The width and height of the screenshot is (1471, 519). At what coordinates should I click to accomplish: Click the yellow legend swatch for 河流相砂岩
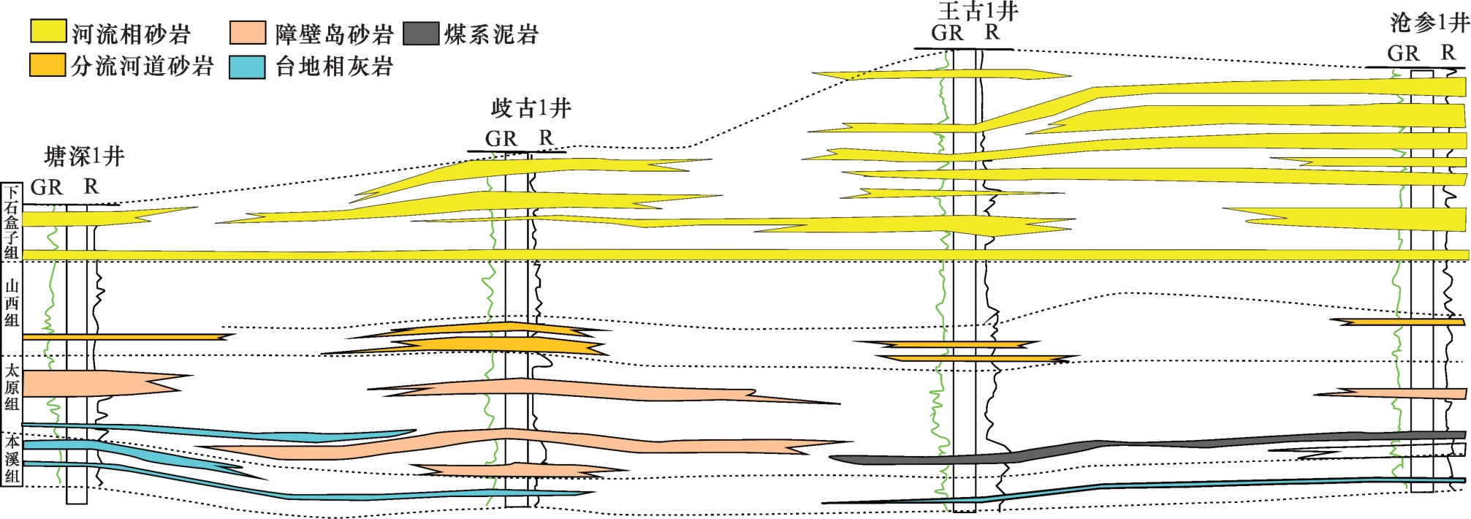point(48,32)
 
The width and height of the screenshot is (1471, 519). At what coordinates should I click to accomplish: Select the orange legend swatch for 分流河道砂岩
point(48,65)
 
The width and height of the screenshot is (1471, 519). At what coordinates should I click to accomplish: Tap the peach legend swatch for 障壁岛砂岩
point(247,33)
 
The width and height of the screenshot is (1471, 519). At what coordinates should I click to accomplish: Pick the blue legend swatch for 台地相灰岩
point(247,67)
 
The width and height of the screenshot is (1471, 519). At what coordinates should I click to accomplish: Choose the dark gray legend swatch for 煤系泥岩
point(421,33)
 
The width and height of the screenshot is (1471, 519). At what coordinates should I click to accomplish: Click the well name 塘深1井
point(84,156)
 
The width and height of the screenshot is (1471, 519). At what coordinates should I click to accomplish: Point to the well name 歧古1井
point(531,109)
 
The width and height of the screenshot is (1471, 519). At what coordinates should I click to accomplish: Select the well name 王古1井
point(978,11)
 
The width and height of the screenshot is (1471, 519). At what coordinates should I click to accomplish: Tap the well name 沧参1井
point(1429,23)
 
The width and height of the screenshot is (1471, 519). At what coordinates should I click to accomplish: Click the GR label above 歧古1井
point(501,139)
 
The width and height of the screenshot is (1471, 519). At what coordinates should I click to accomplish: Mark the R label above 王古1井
point(992,33)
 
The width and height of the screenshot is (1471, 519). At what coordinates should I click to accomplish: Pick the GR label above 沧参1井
point(1403,53)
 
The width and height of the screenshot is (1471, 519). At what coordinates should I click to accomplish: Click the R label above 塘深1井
point(91,187)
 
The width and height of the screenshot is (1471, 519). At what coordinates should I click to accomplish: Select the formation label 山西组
point(12,303)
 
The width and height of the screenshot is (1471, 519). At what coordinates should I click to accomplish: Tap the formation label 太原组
point(12,387)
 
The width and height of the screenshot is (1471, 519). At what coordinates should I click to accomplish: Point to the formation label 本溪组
point(12,459)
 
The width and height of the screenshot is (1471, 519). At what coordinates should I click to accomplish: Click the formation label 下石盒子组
point(12,222)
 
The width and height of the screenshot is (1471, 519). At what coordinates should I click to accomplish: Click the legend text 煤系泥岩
point(491,34)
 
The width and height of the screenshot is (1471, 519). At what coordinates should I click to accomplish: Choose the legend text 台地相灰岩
point(334,67)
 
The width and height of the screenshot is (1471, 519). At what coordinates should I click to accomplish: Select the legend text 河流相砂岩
point(131,34)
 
